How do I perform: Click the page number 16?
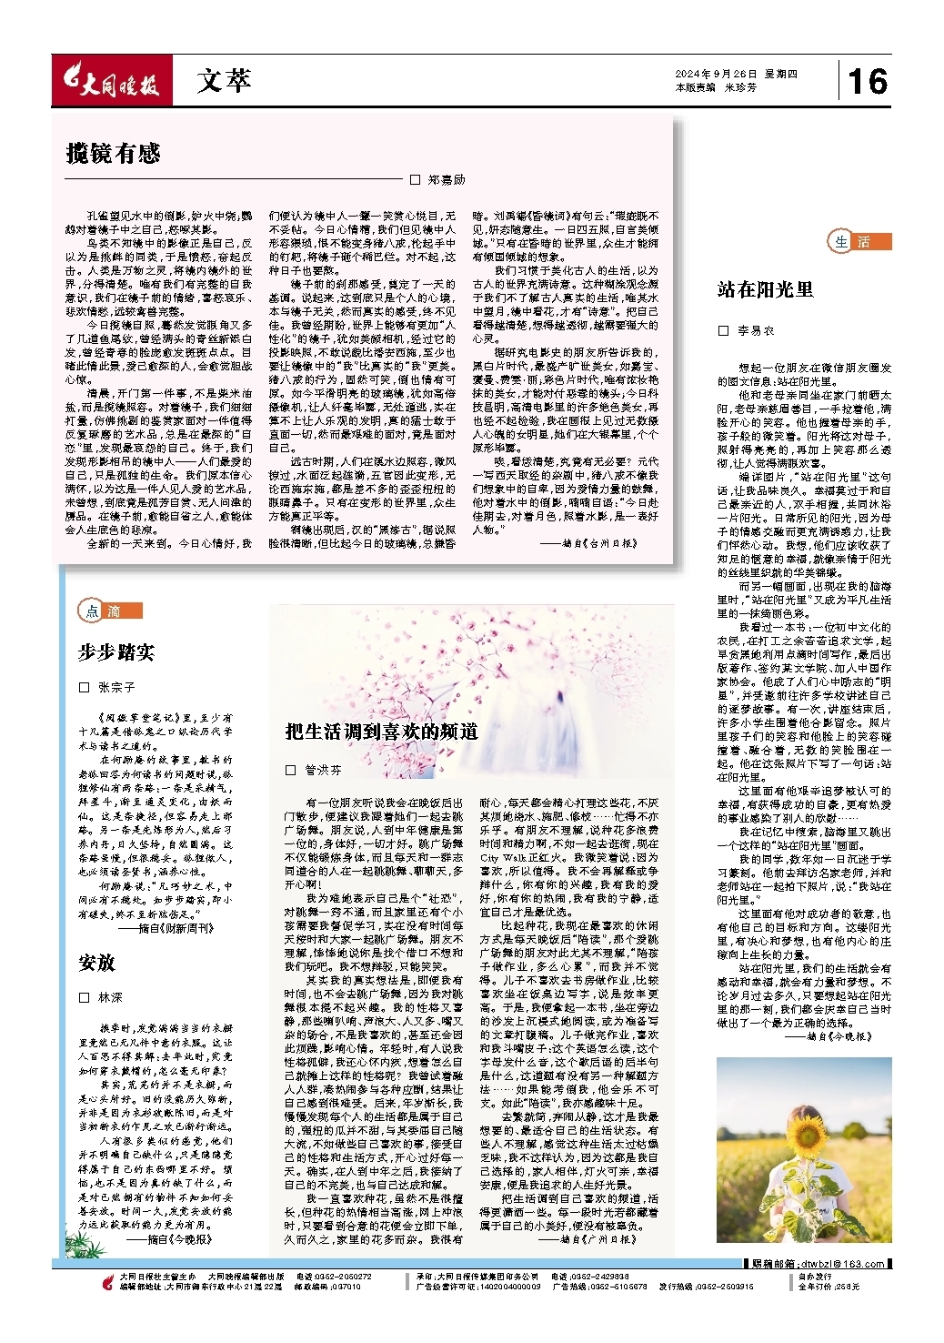(x=867, y=81)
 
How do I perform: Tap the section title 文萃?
(x=223, y=82)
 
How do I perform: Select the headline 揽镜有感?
(x=114, y=153)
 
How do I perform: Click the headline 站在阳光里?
(x=765, y=289)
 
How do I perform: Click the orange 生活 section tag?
(x=859, y=241)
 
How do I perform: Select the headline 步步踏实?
(x=116, y=651)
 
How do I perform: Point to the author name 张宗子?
(x=116, y=687)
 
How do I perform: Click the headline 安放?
(x=97, y=963)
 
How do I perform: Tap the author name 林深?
(x=110, y=998)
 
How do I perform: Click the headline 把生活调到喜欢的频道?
(x=381, y=732)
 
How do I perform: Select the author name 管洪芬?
(x=322, y=770)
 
